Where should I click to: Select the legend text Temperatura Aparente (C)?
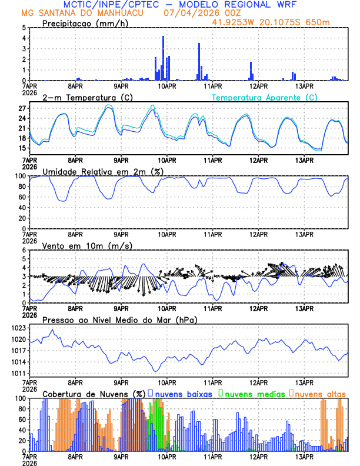(265, 97)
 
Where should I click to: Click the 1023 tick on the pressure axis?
(19, 328)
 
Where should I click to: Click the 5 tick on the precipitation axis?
(24, 28)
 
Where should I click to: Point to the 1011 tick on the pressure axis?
(19, 373)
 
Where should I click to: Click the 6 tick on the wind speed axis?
(24, 250)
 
